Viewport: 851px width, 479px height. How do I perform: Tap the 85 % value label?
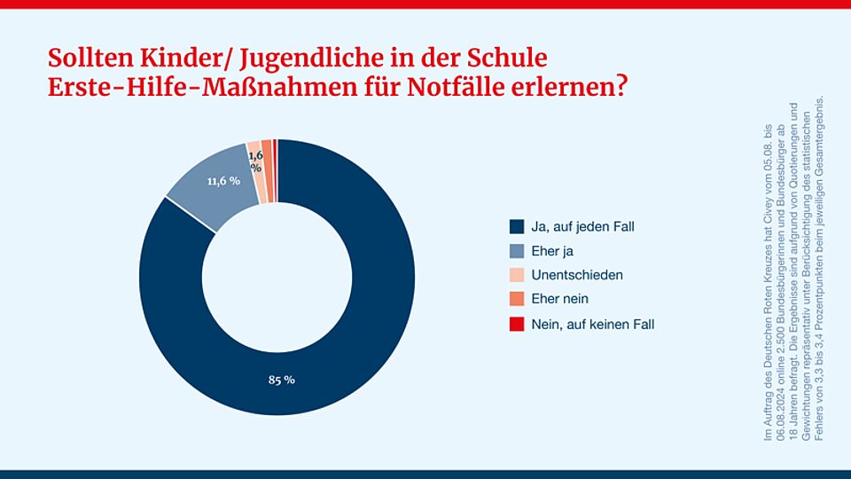coord(281,380)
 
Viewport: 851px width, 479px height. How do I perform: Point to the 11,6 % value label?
coord(223,181)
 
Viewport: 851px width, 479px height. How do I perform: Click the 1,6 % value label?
coord(255,161)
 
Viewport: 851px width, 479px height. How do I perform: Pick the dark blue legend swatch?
coord(517,226)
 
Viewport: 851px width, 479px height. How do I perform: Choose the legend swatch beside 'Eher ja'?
coord(517,251)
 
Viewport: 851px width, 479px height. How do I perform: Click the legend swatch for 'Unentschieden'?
coord(517,275)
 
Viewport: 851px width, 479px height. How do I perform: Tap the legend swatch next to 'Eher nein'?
coord(517,300)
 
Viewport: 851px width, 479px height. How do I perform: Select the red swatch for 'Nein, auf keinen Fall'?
coord(517,325)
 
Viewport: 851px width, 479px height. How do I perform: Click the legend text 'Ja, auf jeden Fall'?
coord(583,226)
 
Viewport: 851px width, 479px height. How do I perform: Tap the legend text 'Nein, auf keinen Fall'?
coord(593,325)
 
